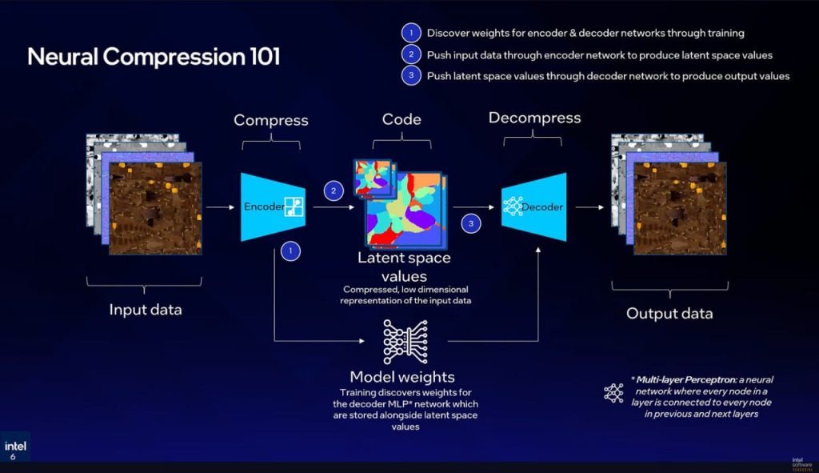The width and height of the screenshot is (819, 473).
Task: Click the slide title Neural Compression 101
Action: (x=154, y=58)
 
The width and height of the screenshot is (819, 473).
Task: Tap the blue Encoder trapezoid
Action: (x=268, y=206)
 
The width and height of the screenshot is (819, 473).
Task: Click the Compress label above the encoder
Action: (x=270, y=121)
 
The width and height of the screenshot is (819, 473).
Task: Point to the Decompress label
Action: (x=535, y=118)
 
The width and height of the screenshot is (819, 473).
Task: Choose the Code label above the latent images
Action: (x=402, y=119)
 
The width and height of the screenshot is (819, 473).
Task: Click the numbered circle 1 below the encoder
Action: (x=290, y=251)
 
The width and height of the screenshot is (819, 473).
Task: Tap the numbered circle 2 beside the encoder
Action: (x=334, y=190)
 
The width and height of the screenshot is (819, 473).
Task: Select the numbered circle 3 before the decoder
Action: (x=471, y=224)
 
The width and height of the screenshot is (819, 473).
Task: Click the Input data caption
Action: (x=145, y=310)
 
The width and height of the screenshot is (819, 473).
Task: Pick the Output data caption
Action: (x=669, y=313)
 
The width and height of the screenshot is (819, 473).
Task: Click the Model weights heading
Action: (x=402, y=377)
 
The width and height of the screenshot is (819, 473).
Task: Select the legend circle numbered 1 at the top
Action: (x=409, y=33)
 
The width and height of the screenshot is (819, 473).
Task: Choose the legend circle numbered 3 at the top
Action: (x=409, y=76)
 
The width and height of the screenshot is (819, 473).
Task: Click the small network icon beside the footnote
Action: (x=613, y=392)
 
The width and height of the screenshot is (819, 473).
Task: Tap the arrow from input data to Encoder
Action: (x=221, y=207)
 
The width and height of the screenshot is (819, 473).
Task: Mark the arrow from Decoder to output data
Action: (x=589, y=207)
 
